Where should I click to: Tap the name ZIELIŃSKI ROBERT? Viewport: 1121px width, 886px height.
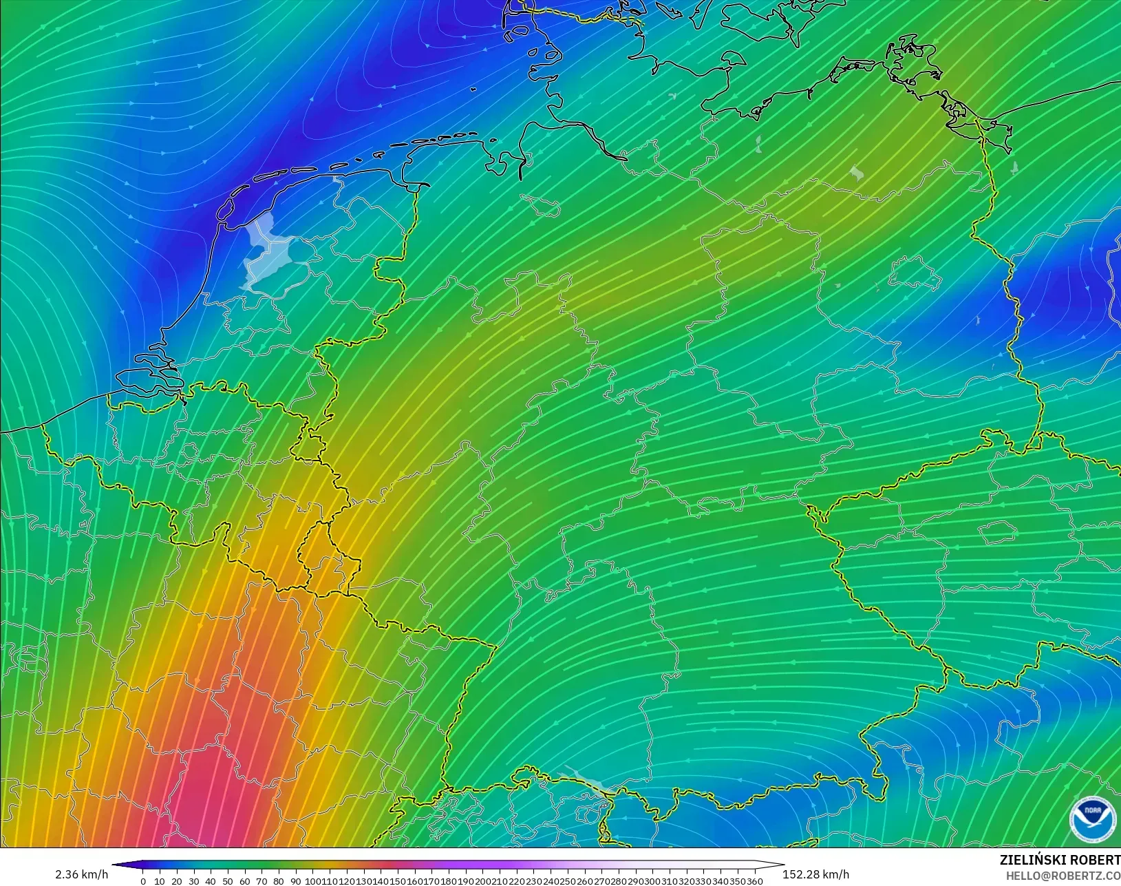click(1060, 860)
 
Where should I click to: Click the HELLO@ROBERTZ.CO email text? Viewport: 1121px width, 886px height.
click(1063, 876)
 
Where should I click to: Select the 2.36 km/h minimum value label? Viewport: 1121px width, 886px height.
click(81, 874)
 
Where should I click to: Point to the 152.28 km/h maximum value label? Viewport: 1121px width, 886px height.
click(815, 874)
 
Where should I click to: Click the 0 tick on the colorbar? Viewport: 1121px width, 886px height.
click(143, 881)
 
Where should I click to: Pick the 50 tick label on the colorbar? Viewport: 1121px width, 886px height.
click(227, 881)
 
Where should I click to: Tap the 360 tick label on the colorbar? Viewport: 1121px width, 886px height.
click(755, 881)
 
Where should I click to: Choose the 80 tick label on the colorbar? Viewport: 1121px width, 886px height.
click(278, 881)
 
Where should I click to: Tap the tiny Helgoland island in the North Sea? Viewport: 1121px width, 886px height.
click(473, 89)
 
